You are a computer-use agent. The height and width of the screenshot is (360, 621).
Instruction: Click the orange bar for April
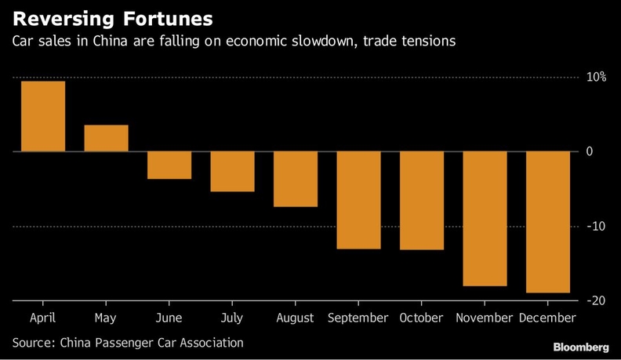click(x=43, y=116)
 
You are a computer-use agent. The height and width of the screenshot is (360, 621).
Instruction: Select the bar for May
click(x=106, y=138)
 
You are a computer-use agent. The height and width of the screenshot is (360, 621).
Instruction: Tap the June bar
click(x=169, y=165)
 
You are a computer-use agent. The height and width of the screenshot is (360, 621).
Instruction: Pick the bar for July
click(x=232, y=171)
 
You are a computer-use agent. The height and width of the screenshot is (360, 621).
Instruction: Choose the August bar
click(x=296, y=179)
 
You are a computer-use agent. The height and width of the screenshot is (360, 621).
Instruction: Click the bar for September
click(x=358, y=200)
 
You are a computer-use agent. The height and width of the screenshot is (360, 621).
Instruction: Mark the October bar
click(x=422, y=201)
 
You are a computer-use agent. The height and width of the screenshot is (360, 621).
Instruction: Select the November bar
click(x=485, y=219)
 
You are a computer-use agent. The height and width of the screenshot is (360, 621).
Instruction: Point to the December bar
click(x=548, y=222)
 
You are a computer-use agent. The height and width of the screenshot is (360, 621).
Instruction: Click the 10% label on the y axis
click(x=596, y=77)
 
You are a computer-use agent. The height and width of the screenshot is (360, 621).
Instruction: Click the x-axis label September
click(x=358, y=318)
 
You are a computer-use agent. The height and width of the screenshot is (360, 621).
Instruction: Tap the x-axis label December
click(x=547, y=318)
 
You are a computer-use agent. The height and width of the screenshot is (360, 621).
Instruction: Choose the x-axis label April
click(x=43, y=318)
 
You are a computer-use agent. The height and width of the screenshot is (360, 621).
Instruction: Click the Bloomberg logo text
click(x=581, y=347)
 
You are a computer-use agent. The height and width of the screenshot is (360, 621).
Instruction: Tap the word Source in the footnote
click(x=32, y=343)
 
